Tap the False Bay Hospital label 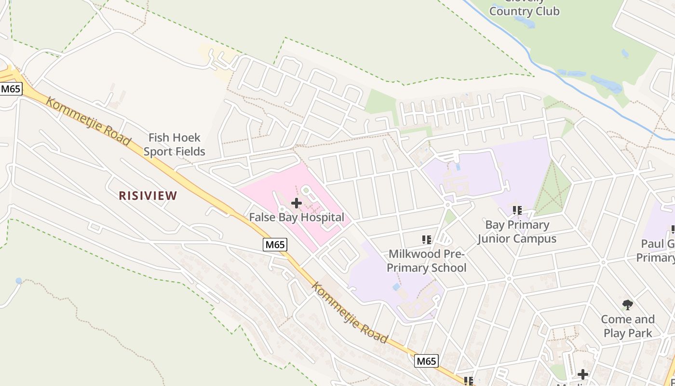point(297,217)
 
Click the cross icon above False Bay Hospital point(297,203)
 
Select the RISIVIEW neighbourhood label point(148,195)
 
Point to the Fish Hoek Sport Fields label point(174,145)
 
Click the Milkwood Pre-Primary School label point(427,261)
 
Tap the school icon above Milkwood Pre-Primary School point(426,239)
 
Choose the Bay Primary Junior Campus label point(517,232)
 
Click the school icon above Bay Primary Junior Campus point(517,210)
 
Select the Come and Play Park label point(627,326)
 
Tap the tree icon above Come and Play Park point(627,304)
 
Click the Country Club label point(524,11)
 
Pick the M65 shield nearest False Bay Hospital point(275,245)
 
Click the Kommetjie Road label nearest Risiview point(88,121)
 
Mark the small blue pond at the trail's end point(19,281)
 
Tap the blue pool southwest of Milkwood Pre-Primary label point(396,287)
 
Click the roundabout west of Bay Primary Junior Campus point(447,205)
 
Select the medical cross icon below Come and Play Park point(583,374)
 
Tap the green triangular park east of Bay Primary point(552,191)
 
